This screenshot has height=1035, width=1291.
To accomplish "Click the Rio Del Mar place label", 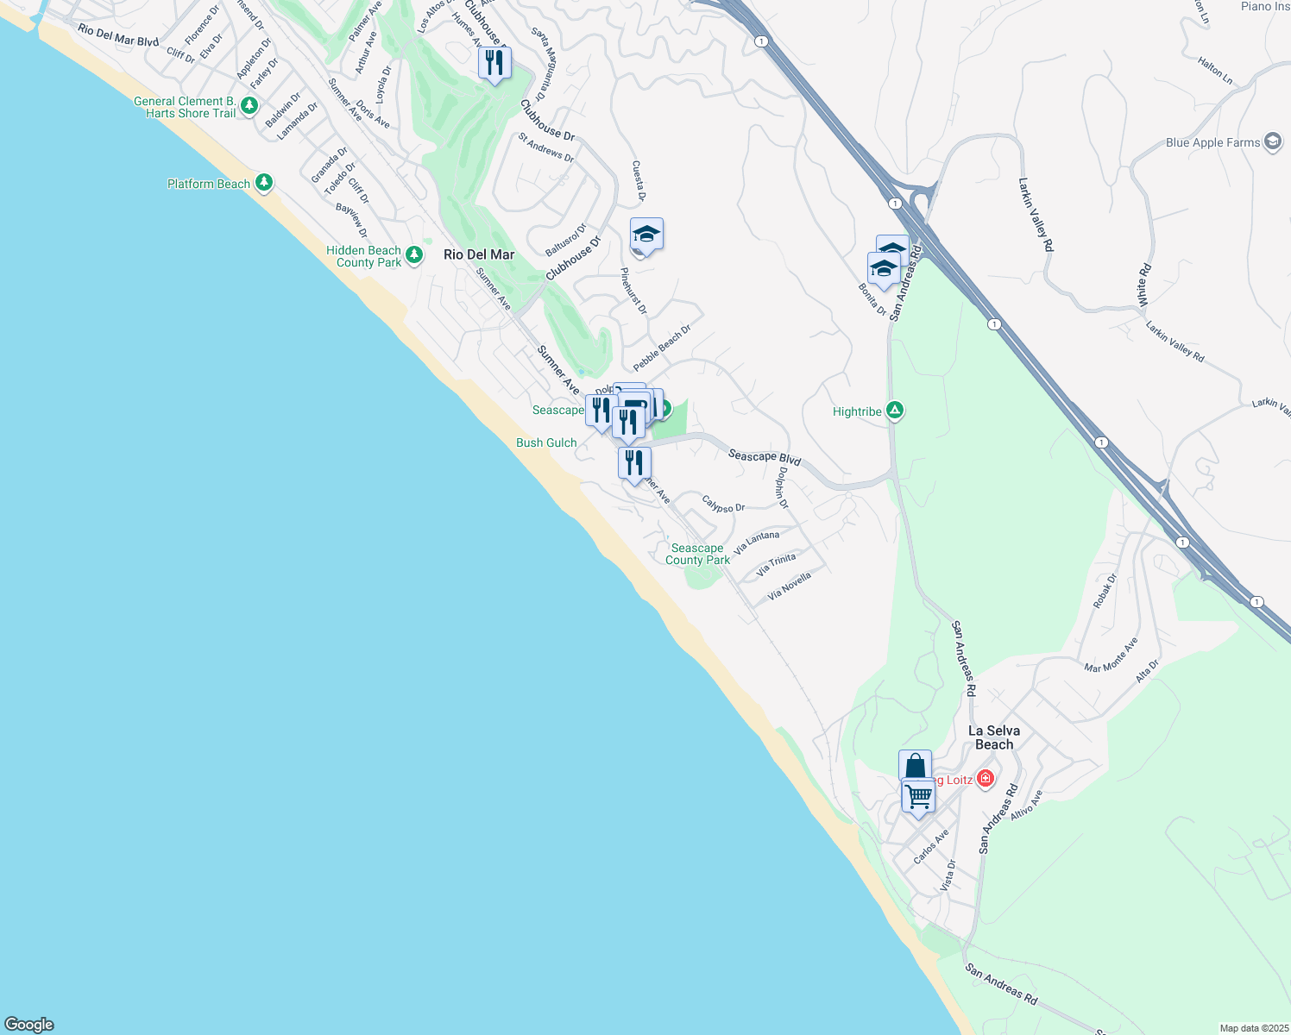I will (479, 254).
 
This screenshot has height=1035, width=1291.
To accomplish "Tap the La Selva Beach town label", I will (994, 737).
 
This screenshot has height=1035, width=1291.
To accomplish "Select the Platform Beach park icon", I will (264, 183).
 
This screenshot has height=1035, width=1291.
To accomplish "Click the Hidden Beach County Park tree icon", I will (414, 254).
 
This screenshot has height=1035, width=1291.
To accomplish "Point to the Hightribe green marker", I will (895, 411).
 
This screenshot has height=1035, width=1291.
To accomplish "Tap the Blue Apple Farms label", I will (1212, 142).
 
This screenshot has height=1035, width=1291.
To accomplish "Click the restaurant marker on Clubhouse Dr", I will (494, 63).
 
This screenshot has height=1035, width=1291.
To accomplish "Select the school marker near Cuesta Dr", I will (646, 234).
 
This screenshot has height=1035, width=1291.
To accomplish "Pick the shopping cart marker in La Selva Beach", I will (918, 795).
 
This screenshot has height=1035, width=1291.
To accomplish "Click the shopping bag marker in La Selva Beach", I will (915, 765).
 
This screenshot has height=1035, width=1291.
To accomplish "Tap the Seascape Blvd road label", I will (765, 456).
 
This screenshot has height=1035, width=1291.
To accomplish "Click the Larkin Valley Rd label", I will (1036, 215).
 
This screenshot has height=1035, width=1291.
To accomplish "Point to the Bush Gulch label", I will (546, 442).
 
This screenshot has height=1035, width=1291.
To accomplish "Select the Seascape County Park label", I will (697, 554).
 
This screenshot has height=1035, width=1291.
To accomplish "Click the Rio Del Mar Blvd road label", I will (118, 35).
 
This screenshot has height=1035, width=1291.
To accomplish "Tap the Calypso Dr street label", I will (723, 504).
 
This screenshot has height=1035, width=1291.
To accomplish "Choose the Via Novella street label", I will (790, 586).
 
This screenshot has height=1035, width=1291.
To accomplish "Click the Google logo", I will (29, 1025).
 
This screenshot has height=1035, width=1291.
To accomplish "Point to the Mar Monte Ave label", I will (1112, 655).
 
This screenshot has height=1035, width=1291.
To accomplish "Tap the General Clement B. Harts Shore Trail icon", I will (249, 105).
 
